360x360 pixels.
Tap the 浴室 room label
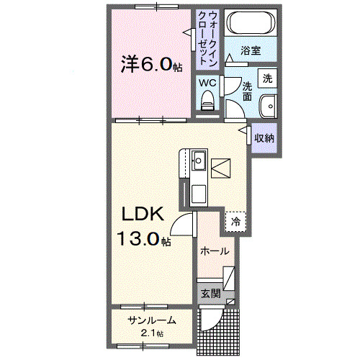point(250,52)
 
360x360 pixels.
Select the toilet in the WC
point(209,99)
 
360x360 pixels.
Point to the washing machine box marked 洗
point(267,78)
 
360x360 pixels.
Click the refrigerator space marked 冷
point(235,222)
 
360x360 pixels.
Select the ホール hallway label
point(214,251)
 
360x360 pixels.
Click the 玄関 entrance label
point(210,293)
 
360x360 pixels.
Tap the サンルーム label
point(151,320)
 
